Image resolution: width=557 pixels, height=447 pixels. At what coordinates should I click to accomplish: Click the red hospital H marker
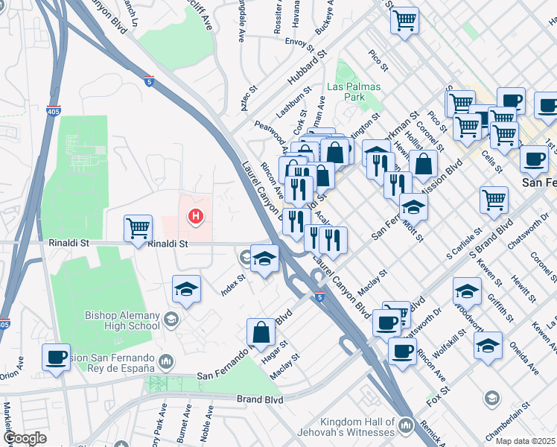click(x=195, y=217)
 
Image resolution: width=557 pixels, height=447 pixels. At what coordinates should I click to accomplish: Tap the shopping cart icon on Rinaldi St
click(x=139, y=228)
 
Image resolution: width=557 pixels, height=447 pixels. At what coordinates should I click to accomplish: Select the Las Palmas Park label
click(x=354, y=92)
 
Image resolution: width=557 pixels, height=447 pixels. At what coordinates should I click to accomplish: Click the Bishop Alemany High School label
click(x=122, y=320)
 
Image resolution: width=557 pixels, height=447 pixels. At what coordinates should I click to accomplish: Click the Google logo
click(x=25, y=438)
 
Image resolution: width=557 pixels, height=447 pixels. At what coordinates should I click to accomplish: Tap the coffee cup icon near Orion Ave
click(x=56, y=356)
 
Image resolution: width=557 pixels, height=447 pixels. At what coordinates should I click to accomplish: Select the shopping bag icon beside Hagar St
click(x=261, y=332)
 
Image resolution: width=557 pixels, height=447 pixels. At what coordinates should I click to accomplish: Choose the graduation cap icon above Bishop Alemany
click(x=186, y=289)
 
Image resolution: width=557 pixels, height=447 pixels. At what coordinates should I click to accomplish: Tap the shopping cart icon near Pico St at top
click(x=404, y=20)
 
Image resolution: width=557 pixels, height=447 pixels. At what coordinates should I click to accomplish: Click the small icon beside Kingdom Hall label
click(x=406, y=426)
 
